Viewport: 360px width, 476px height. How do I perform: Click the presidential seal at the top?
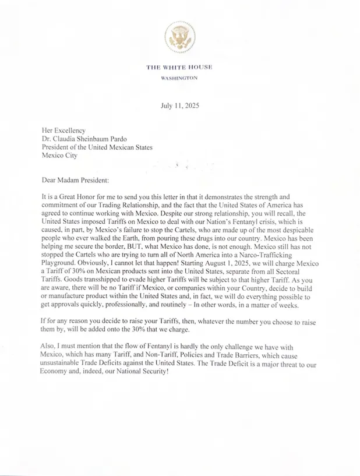point(179,37)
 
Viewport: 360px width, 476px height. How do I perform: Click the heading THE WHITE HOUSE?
point(179,67)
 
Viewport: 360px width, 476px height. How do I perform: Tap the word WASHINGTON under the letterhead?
point(179,77)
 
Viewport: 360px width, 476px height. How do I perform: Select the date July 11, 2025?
point(180,105)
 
